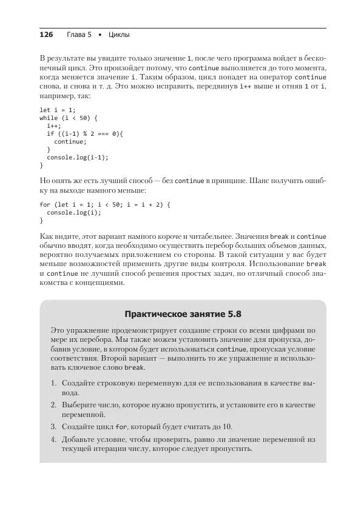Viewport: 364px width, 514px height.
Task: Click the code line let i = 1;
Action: (x=58, y=110)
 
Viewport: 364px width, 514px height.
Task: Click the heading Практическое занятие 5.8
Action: (x=183, y=315)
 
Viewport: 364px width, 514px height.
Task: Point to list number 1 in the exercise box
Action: (x=53, y=384)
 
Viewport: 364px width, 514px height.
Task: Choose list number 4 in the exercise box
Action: (x=53, y=439)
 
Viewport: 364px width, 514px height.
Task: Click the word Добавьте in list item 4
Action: (x=79, y=439)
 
